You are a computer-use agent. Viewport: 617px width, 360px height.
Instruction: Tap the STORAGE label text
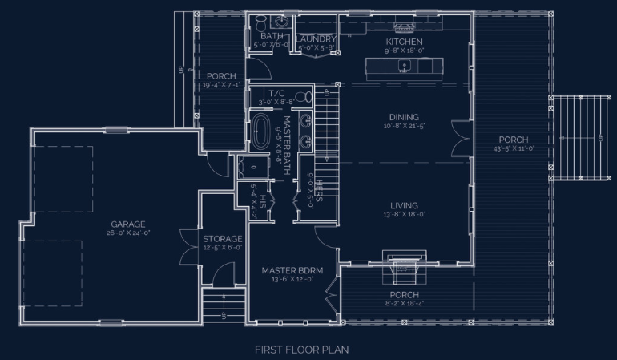(222, 239)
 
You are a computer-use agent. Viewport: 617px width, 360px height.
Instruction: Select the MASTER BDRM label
(292, 271)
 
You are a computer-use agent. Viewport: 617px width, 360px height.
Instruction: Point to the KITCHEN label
(404, 42)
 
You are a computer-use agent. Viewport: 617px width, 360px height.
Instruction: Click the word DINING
(404, 116)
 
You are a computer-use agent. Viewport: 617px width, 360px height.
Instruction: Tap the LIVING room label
(404, 205)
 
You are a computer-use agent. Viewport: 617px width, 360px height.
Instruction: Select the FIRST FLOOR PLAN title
(301, 350)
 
